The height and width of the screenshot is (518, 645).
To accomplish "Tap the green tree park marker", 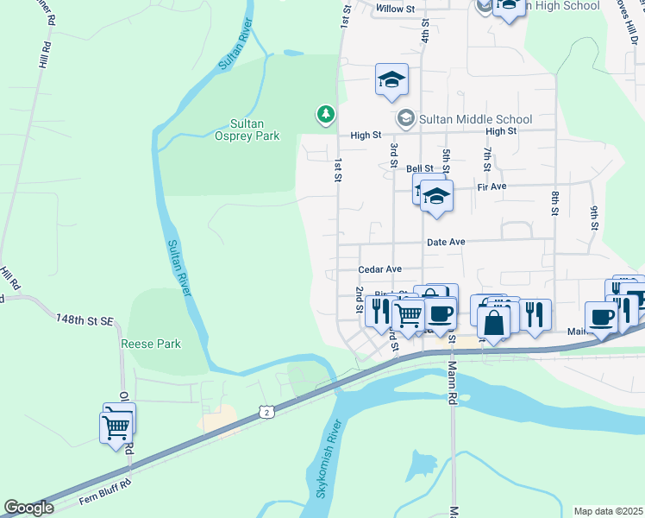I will point(325,114).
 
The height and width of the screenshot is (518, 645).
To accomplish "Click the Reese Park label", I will point(151,344).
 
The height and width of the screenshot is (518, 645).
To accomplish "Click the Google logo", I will point(28,508).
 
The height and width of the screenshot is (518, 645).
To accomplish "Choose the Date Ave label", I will point(446,243).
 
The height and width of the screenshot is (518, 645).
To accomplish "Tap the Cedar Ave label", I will point(380,269).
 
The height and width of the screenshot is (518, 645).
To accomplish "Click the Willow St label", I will point(396,9).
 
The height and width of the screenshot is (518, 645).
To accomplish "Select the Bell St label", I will point(420,168).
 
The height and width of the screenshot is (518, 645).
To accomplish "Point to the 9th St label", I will point(594,218).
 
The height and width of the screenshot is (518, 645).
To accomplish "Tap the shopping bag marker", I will point(494,324).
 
